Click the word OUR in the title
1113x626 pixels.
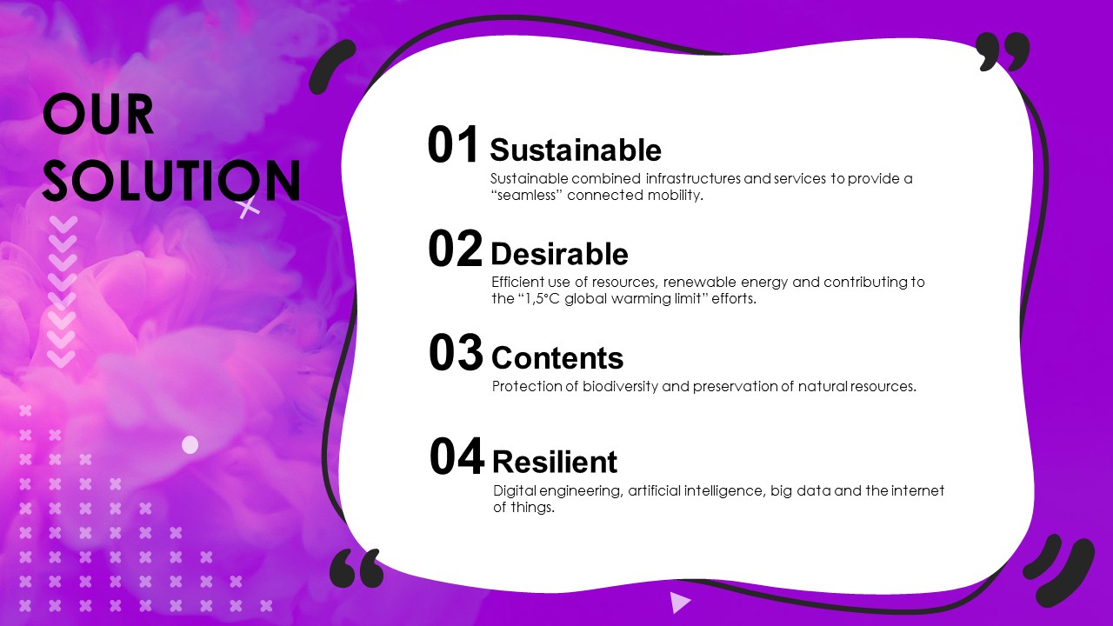tap(98, 114)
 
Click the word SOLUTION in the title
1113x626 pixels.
tap(172, 180)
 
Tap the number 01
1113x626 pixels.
tap(453, 144)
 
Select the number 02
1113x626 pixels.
tap(455, 249)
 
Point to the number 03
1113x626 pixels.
tap(457, 352)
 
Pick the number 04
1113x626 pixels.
tap(457, 456)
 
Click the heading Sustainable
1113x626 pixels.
tap(576, 150)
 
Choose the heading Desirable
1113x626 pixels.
tap(559, 254)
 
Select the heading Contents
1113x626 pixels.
tap(557, 357)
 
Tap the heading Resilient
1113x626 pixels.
tap(555, 462)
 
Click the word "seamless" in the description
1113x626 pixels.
tap(527, 195)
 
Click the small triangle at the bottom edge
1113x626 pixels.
tap(680, 603)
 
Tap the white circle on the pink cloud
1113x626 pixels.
tap(190, 445)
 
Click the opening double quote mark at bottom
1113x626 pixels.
tap(357, 568)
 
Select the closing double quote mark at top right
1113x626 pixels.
tap(1003, 51)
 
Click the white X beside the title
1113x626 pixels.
tap(249, 208)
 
